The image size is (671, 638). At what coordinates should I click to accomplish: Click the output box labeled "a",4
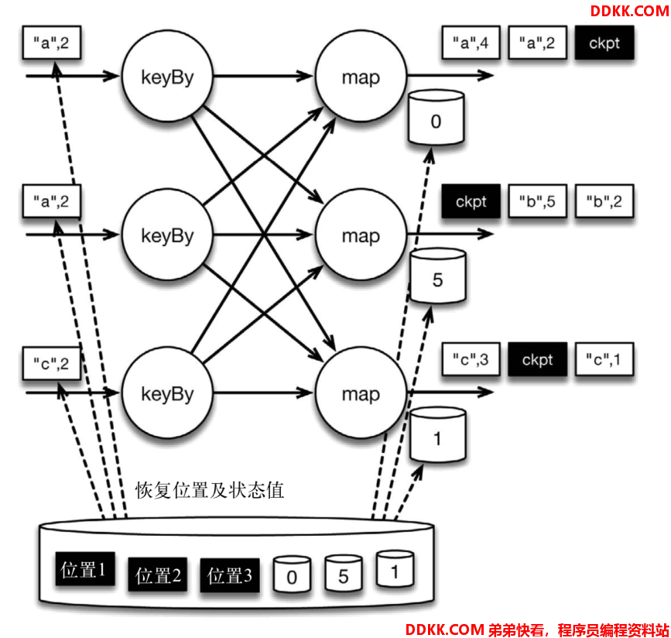click(471, 43)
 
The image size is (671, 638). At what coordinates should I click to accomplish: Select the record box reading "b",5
click(537, 201)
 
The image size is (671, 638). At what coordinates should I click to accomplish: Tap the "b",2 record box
click(604, 201)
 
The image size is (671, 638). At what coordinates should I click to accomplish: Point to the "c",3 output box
click(471, 359)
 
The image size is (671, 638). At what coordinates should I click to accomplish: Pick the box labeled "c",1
click(604, 359)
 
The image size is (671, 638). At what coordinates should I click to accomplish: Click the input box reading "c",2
click(51, 364)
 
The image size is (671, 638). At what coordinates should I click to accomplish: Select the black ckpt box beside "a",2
click(604, 43)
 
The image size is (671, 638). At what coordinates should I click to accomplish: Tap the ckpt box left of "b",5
click(471, 201)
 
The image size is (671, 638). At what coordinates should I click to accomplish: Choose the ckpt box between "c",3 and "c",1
click(537, 359)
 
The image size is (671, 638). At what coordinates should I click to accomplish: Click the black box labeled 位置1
click(84, 569)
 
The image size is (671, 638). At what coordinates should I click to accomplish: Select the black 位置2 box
click(157, 575)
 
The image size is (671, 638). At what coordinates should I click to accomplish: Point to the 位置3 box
click(230, 575)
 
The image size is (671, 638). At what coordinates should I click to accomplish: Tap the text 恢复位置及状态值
click(210, 490)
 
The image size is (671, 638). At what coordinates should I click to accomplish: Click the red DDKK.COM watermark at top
click(629, 11)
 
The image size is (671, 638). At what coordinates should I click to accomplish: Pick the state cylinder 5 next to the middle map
click(437, 276)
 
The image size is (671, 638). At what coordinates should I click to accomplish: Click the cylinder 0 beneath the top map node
click(436, 118)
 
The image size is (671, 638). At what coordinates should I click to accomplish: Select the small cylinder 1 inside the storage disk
click(395, 569)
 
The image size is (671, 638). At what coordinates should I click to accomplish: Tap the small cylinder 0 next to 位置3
click(292, 575)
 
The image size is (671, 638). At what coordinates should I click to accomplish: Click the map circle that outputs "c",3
click(361, 393)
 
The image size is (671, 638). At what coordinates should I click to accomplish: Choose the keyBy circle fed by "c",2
click(167, 393)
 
